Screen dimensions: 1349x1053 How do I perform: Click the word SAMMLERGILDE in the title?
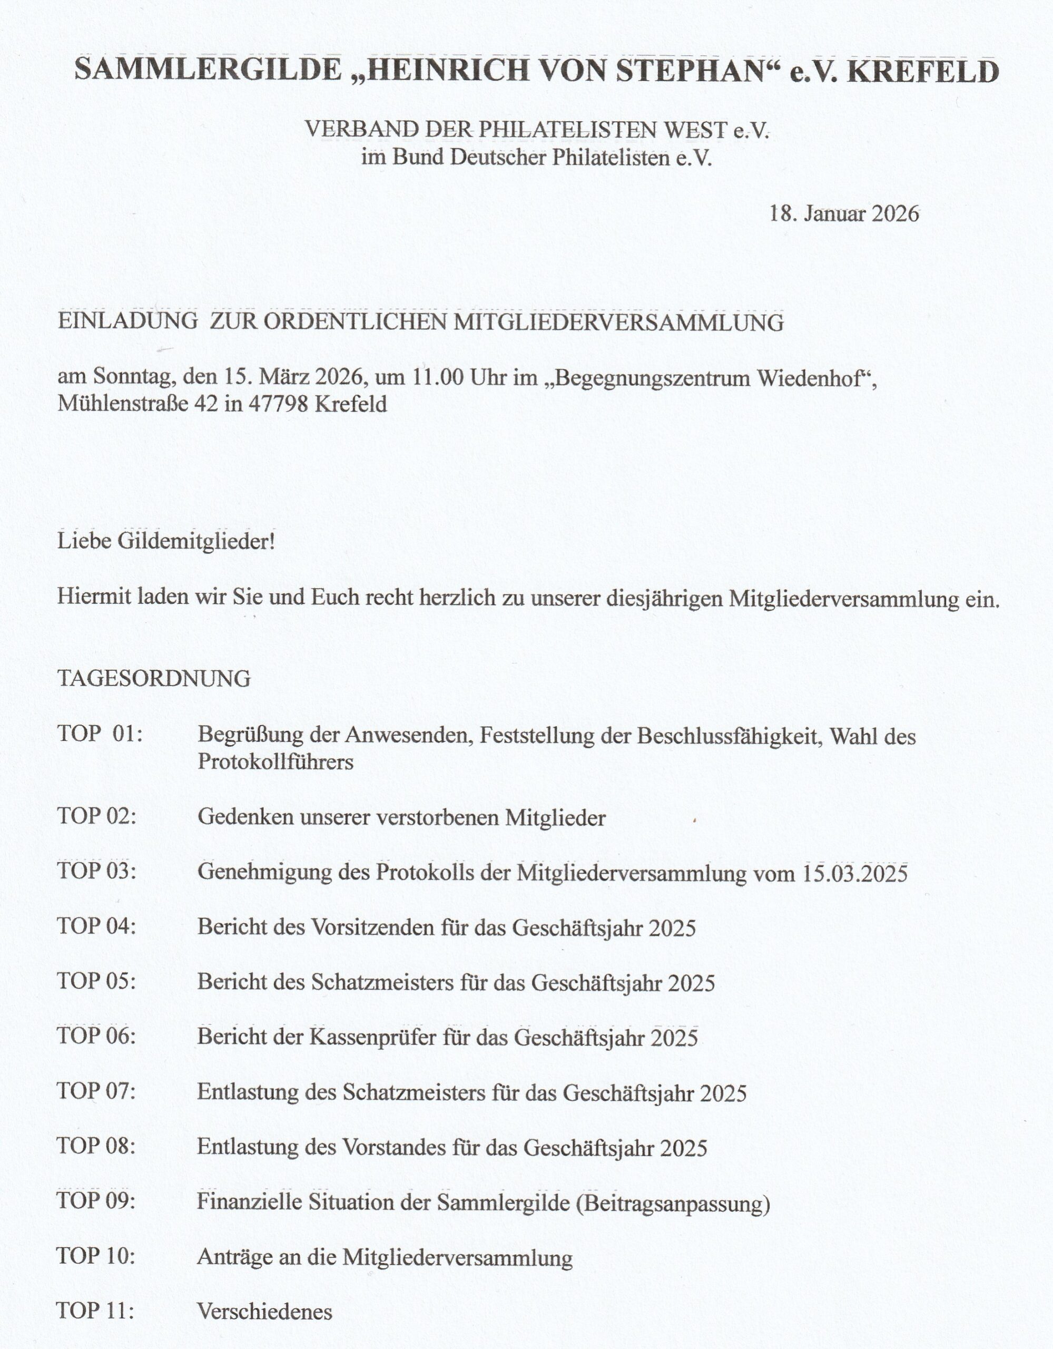pos(208,71)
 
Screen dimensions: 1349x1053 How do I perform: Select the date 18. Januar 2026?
pos(844,214)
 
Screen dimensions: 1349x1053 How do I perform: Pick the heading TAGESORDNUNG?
pos(154,678)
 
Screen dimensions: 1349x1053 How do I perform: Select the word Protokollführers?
pos(275,761)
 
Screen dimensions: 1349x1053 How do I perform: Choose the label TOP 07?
pos(96,1091)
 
